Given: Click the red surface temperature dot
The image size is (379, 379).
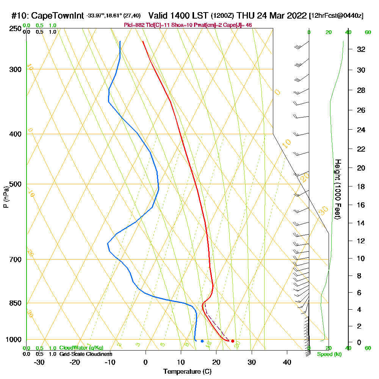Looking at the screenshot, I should coord(232,341).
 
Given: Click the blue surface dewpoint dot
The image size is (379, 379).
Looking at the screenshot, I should coord(202,341).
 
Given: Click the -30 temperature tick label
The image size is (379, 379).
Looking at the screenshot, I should coord(39,362).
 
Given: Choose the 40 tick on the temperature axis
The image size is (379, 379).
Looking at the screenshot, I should coord(287,362).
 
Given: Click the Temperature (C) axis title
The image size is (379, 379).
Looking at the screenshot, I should coord(187,372).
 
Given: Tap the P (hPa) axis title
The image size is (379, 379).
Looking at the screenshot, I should coord(6,197).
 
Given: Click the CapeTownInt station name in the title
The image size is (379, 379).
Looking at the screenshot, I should coord(58,16).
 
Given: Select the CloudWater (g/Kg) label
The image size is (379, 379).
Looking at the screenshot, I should coord(81,348).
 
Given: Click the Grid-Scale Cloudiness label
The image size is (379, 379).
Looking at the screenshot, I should coord(85,354).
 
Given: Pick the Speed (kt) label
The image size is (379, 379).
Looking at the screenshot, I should coord(328,354).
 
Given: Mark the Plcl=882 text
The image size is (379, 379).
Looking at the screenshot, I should coord(134,25).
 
